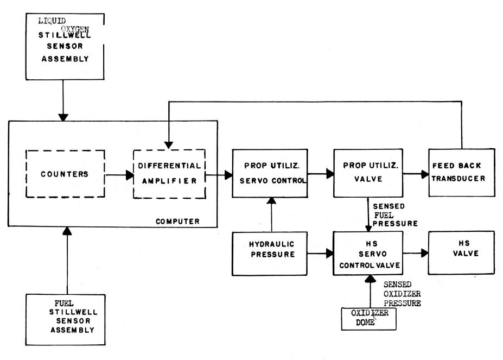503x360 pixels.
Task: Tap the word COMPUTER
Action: tap(177, 221)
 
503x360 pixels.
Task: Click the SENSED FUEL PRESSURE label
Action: tap(395, 215)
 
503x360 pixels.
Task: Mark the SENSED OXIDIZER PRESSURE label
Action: tap(402, 294)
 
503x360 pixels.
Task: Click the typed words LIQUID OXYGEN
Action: tap(63, 25)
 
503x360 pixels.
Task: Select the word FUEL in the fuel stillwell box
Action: tap(64, 303)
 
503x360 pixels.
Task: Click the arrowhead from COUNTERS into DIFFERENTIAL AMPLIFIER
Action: tap(130, 175)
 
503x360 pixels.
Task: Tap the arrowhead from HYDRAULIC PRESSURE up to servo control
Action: tap(271, 201)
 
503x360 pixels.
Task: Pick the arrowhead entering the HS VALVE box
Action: tap(424, 253)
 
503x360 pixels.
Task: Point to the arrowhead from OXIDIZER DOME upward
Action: tap(371, 279)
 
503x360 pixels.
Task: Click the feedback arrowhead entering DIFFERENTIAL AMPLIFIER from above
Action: tap(169, 145)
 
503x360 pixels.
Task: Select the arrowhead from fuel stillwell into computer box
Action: tap(67, 231)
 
